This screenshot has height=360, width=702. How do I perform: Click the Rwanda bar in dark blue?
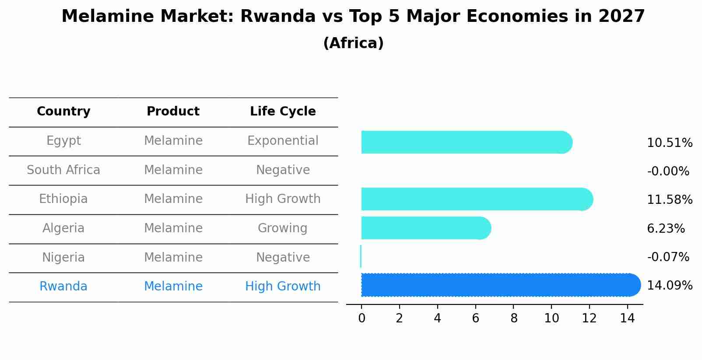(x=499, y=285)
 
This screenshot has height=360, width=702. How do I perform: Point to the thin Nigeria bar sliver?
(x=361, y=256)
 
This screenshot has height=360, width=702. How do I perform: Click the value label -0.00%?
(x=668, y=171)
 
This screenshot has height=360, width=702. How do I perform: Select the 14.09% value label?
(x=670, y=286)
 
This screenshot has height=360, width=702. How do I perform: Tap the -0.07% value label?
(x=668, y=257)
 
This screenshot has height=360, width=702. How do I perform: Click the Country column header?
(x=63, y=112)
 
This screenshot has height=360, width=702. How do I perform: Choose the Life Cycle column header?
(x=283, y=112)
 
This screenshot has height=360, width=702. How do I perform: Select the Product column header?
(x=173, y=112)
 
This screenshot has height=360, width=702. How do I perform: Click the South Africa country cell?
(x=63, y=170)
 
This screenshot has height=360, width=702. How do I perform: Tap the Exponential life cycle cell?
(x=283, y=141)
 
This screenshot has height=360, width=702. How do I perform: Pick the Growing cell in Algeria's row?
(x=283, y=228)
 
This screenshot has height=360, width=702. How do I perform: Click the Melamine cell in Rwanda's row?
(x=173, y=287)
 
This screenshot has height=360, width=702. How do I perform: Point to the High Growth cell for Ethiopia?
(x=283, y=199)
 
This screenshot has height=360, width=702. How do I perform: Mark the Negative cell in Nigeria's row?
(x=283, y=257)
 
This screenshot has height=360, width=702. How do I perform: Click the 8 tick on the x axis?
(x=513, y=318)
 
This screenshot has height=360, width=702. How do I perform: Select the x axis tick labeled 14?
(x=627, y=318)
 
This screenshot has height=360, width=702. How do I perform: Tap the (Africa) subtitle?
(x=353, y=43)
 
